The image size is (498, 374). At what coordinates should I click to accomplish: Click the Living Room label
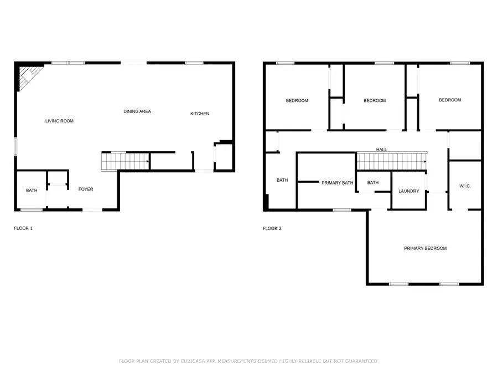59,121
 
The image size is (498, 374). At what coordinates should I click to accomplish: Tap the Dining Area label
137,111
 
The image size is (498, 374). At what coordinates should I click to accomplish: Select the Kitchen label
200,114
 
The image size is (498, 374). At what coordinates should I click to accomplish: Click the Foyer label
86,189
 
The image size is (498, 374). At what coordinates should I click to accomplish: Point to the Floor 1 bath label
32,191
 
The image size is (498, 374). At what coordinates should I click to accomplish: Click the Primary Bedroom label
425,248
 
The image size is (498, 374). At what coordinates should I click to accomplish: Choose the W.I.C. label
465,186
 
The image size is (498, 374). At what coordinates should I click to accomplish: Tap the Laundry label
408,191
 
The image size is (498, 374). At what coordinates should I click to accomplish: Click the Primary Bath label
337,183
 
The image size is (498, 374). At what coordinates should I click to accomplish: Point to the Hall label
381,150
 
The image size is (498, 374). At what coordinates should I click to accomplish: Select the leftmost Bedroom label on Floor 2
297,101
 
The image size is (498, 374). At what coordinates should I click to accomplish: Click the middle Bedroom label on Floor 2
374,101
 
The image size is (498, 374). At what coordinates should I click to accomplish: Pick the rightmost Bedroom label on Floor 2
450,100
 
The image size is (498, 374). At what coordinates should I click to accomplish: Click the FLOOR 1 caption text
23,228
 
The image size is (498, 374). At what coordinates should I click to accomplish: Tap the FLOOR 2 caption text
272,228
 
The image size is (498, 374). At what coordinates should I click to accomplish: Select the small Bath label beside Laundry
373,183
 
